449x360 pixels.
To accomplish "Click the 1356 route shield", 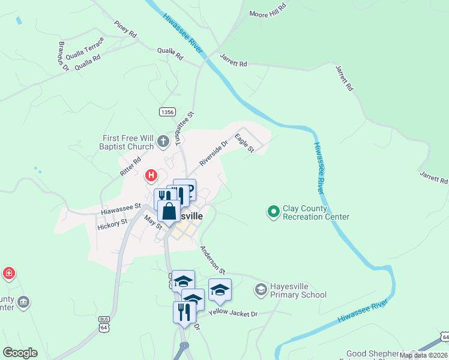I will (167, 112).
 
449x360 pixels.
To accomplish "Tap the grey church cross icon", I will (163, 142).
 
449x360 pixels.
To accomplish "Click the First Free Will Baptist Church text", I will (128, 142).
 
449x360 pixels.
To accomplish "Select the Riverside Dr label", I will (214, 154).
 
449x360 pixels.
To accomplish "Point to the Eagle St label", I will (244, 143).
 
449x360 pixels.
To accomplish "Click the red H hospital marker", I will (151, 176).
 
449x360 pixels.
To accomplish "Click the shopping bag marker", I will (169, 211).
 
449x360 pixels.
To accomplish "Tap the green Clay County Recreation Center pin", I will (274, 211).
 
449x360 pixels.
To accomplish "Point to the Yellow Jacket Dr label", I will (233, 313).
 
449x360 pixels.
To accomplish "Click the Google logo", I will (20, 353).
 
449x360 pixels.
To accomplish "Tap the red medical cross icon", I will (8, 274).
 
